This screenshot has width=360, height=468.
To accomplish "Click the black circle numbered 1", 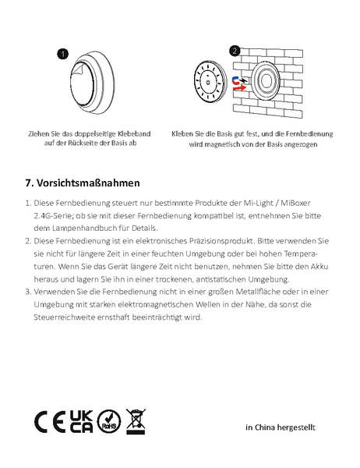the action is point(62,54).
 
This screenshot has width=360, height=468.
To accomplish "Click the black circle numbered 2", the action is point(235,51).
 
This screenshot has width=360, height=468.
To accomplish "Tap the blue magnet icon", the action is point(236,80).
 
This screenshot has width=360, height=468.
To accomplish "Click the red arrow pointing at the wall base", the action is point(239,87).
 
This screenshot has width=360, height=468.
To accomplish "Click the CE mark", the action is point(50,422).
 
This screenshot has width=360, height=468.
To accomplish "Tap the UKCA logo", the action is point(81,421).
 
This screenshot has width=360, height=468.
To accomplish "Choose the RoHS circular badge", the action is point(109,422).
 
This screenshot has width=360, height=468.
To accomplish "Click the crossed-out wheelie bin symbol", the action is point(136,421).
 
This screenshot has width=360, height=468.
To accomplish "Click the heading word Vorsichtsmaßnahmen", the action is point(88,183).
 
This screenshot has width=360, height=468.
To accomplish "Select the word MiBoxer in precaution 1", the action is point(295,203).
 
